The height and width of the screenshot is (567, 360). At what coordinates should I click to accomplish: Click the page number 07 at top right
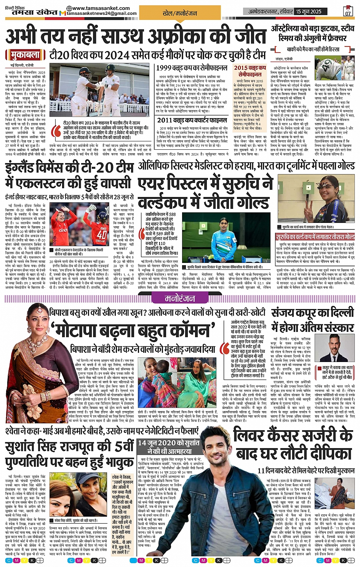click(348, 12)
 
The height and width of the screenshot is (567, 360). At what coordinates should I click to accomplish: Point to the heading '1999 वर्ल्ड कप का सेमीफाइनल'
click(192, 68)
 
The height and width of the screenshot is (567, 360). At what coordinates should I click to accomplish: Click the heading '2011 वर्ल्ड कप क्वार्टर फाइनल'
click(192, 120)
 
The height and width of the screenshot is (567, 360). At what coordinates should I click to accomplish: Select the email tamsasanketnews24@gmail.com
click(102, 14)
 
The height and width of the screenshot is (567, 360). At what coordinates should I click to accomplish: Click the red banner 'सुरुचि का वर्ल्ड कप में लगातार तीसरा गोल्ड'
click(315, 237)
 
